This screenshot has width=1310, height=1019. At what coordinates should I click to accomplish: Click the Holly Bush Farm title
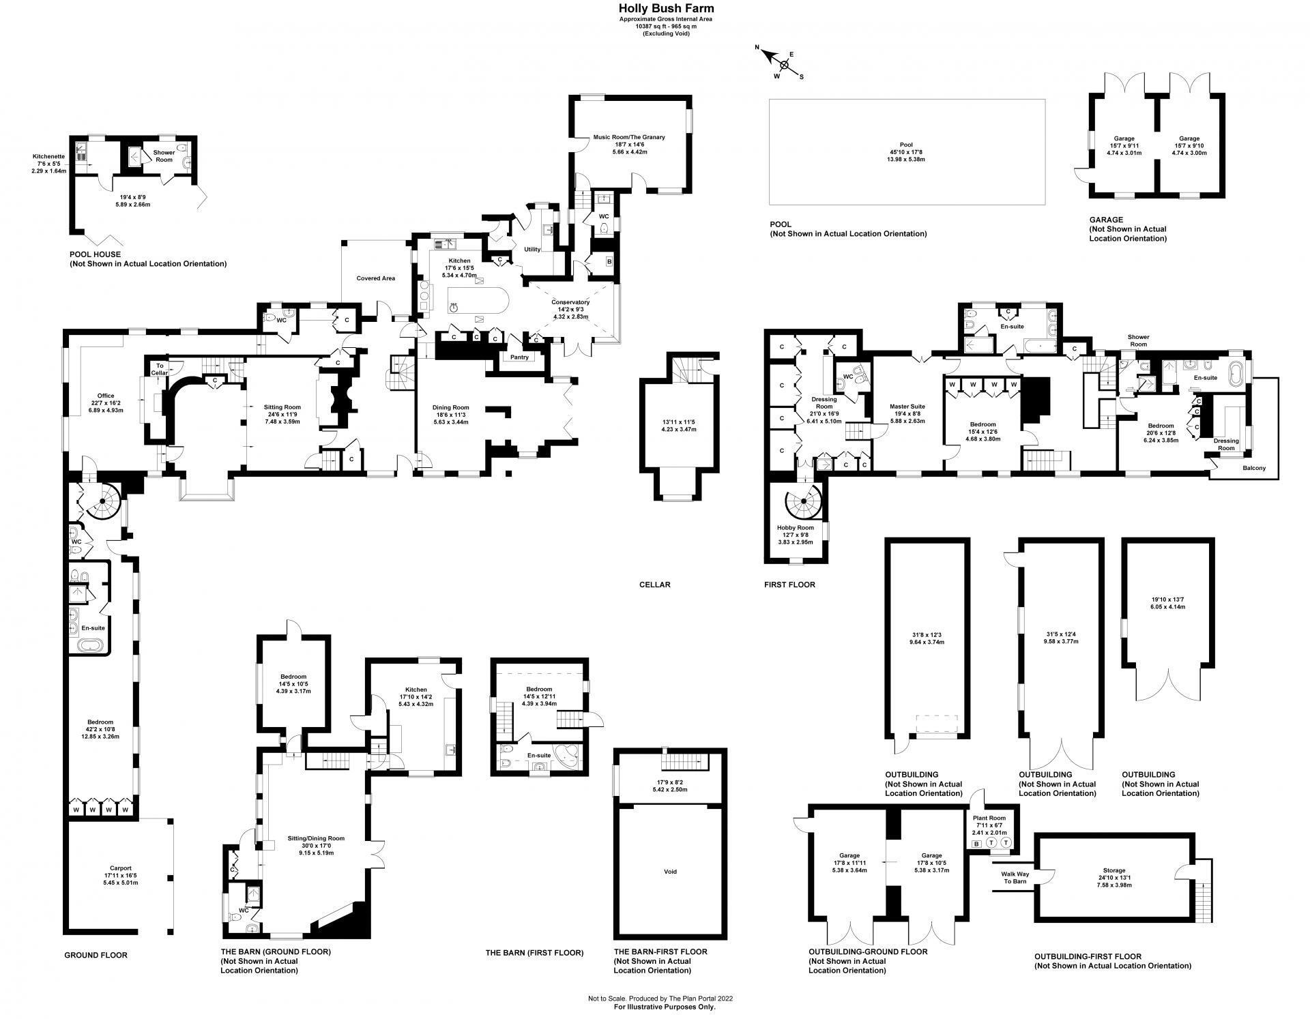click(657, 8)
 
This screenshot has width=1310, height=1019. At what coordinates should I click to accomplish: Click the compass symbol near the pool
click(784, 65)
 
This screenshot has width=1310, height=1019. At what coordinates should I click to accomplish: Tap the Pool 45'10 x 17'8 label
click(906, 151)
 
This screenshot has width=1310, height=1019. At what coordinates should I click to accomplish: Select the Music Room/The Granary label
click(628, 137)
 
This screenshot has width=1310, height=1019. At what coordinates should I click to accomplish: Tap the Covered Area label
click(376, 278)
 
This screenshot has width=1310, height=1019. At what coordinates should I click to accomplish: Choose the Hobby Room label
click(796, 528)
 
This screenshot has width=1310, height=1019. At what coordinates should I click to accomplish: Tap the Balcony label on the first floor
click(1253, 468)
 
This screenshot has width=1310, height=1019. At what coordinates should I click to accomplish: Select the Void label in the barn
click(670, 872)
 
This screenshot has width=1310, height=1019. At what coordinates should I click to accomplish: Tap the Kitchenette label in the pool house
click(48, 156)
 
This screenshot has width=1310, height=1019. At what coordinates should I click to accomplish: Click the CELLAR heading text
click(654, 585)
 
